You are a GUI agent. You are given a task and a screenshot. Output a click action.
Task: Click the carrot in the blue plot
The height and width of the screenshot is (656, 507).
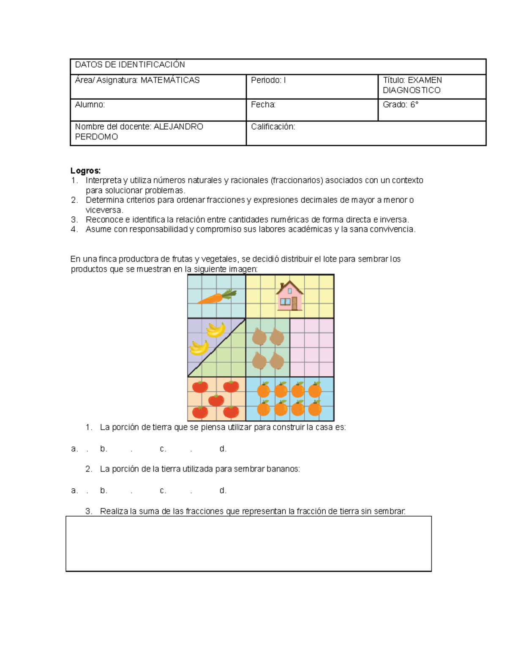click(216, 297)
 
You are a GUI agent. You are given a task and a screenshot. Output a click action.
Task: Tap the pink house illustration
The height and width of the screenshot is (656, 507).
click(289, 296)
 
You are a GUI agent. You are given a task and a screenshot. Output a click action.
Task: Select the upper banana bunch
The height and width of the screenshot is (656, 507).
click(216, 330)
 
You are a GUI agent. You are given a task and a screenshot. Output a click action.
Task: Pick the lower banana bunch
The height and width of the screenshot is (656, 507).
click(199, 348)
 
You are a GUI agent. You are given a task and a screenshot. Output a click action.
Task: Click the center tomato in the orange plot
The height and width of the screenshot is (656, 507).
click(216, 400)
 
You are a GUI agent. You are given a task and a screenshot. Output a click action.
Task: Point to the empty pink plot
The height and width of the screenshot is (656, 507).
click(312, 347)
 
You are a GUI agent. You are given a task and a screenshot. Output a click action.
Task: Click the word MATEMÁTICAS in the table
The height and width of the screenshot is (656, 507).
click(170, 80)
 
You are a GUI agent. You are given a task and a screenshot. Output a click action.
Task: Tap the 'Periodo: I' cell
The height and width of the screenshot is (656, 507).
click(268, 80)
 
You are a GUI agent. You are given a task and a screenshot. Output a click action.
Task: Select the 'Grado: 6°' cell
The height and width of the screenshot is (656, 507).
click(400, 105)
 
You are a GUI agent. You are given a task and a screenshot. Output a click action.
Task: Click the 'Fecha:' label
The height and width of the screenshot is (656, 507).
click(263, 105)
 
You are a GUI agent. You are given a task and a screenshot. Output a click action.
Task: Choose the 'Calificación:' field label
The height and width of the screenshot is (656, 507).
click(273, 127)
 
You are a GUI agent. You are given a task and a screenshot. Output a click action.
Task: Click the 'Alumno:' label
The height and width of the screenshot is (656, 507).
click(90, 105)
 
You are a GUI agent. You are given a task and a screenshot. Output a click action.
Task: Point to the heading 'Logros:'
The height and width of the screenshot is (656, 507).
click(85, 171)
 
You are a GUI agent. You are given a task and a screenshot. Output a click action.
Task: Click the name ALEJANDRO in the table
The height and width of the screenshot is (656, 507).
click(178, 127)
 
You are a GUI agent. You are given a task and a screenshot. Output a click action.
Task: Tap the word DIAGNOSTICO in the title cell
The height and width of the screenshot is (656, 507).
click(412, 90)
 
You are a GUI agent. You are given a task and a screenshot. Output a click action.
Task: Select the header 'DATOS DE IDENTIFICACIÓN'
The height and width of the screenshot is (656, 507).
click(130, 65)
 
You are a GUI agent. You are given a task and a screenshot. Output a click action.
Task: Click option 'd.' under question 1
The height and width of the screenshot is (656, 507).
click(223, 449)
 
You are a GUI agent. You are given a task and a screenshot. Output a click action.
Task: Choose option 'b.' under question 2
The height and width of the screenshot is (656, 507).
click(104, 490)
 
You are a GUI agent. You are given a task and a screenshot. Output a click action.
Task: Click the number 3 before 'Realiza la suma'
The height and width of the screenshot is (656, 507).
click(88, 511)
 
